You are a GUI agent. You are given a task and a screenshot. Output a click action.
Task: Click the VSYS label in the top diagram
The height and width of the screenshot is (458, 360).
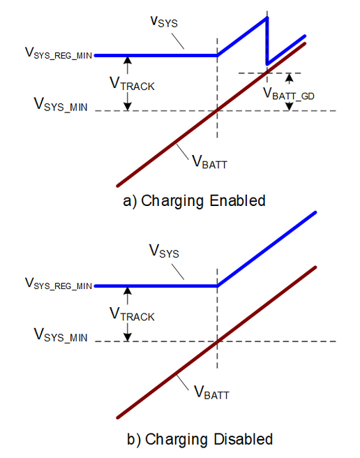(x=164, y=22)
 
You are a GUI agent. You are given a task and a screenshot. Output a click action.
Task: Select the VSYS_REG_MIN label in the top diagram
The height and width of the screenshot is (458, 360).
(x=59, y=53)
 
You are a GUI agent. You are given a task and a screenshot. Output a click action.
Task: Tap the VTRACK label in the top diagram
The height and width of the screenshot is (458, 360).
(x=132, y=84)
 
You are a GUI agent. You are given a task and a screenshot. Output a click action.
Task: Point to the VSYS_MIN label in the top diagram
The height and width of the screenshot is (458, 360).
(x=61, y=105)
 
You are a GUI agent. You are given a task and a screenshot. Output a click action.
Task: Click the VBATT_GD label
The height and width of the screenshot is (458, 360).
(x=288, y=94)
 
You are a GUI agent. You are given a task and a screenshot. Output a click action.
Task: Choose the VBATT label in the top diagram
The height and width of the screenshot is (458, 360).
(x=209, y=162)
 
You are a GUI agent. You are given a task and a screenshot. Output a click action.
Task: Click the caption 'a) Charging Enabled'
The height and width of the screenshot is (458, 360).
(x=194, y=201)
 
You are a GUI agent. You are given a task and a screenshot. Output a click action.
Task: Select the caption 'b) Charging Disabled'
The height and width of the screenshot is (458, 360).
(x=200, y=439)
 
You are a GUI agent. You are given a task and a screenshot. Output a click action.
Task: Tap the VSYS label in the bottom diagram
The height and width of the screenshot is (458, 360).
(x=164, y=252)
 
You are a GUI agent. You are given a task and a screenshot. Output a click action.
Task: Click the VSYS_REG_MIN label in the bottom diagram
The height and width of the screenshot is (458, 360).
(x=59, y=283)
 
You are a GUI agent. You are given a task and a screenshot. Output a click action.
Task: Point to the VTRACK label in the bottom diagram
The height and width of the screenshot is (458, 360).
(x=132, y=314)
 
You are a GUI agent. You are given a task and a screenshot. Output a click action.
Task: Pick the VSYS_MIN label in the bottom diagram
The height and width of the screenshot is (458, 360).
(x=61, y=335)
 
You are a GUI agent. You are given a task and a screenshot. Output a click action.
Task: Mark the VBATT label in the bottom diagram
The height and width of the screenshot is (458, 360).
(x=211, y=393)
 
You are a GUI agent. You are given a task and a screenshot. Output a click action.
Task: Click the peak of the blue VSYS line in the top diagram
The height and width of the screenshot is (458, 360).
(x=267, y=18)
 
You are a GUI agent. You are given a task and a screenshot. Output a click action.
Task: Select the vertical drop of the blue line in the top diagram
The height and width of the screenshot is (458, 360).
(x=267, y=41)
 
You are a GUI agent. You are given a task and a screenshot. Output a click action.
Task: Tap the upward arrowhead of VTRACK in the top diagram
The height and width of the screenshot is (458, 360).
(x=128, y=60)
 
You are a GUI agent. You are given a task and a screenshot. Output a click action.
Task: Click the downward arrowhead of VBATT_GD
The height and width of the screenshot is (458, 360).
(x=289, y=107)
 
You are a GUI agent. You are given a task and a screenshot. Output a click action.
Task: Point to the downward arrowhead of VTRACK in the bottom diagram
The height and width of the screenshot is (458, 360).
(x=128, y=337)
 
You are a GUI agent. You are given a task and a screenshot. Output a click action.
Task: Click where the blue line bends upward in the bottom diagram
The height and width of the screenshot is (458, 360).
(x=217, y=286)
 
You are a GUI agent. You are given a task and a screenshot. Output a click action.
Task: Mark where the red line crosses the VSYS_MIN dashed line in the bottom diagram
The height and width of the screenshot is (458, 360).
(x=217, y=341)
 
